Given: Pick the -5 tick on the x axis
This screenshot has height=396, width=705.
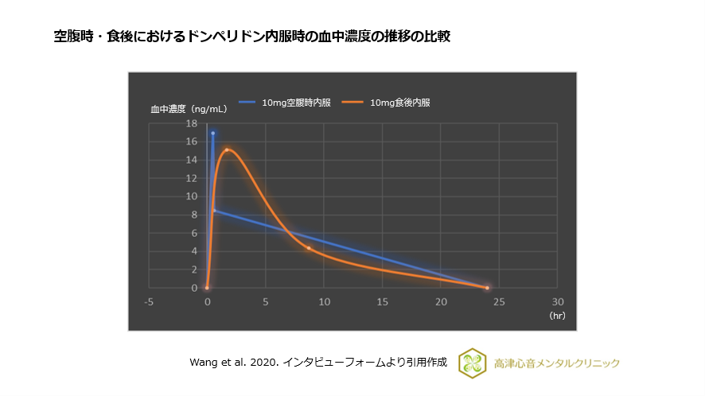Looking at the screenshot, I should (x=149, y=302).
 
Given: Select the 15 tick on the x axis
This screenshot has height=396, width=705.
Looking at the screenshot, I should (x=383, y=302).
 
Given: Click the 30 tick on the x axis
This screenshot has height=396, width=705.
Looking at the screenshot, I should (x=558, y=302).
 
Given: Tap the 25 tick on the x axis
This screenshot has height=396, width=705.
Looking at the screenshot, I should (x=499, y=302).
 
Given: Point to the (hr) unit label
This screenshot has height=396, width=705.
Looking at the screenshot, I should (x=556, y=316).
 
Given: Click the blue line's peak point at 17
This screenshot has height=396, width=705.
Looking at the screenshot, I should (x=212, y=133).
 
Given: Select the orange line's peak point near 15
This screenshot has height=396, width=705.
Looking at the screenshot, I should (x=227, y=149).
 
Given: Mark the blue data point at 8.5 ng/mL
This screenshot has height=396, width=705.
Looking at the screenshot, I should (x=213, y=210).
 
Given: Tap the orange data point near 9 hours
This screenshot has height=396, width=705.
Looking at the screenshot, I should (x=309, y=248).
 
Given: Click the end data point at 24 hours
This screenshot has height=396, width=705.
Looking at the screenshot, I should (x=487, y=287).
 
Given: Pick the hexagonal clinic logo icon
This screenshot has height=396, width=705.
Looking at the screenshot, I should (x=473, y=363).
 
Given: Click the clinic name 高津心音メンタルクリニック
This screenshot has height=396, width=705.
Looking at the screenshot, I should (x=556, y=363).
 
